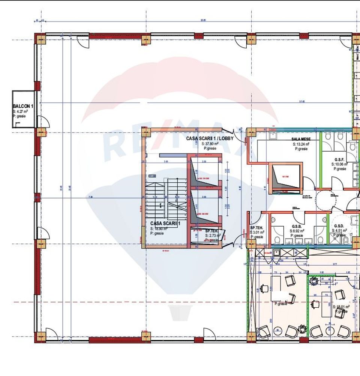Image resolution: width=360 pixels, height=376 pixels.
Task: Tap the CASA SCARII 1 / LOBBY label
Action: [x=210, y=138]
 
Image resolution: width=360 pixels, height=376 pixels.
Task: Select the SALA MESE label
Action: [x=300, y=139]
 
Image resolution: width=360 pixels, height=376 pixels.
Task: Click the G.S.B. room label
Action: [x=297, y=227]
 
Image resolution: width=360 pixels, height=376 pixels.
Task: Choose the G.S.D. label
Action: [x=339, y=226]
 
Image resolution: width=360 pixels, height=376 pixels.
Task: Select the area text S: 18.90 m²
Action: [x=159, y=229]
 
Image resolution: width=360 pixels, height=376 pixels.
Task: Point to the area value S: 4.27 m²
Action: [x=20, y=111]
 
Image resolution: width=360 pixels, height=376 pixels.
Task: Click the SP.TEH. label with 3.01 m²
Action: [x=257, y=227]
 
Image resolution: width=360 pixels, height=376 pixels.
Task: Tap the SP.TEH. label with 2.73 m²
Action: [x=212, y=231]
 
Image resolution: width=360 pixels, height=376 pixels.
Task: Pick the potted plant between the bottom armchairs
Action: [x=302, y=330]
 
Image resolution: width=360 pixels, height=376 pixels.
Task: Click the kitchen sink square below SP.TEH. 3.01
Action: [x=276, y=253]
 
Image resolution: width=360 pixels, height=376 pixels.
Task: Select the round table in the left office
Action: [x=278, y=331]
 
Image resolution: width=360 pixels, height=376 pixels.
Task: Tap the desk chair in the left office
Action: [x=264, y=288]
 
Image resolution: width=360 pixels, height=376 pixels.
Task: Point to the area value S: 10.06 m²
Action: [x=339, y=164]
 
